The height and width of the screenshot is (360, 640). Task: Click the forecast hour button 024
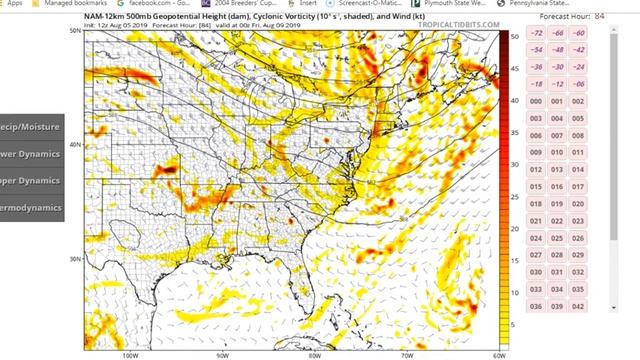tap(535, 238)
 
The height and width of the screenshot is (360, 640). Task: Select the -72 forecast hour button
tap(535, 33)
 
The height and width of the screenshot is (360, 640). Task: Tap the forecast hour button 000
tap(535, 101)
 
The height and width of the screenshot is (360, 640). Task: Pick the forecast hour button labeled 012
tap(535, 170)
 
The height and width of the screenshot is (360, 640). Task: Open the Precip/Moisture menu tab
tap(31, 127)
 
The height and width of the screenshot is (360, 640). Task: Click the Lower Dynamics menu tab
tap(31, 154)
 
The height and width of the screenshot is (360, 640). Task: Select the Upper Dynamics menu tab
tap(31, 181)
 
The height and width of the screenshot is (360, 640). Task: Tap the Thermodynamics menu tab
tap(31, 208)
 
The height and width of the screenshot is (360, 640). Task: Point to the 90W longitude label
tap(223, 353)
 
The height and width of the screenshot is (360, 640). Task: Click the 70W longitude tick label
tap(407, 353)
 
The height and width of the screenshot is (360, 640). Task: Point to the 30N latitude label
tap(75, 259)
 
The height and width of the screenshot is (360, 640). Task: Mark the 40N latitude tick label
tap(75, 145)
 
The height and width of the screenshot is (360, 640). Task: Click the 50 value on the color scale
tap(513, 35)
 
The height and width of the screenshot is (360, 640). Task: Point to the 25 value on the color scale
tap(513, 179)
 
